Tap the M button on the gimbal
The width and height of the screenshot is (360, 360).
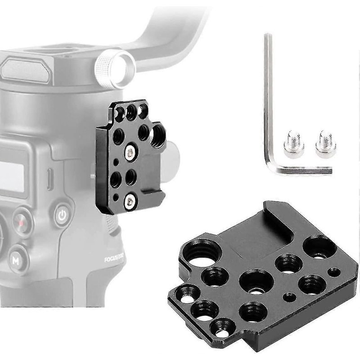pyautogui.click(x=16, y=260)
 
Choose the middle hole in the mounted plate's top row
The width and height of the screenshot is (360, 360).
pyautogui.click(x=131, y=111)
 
